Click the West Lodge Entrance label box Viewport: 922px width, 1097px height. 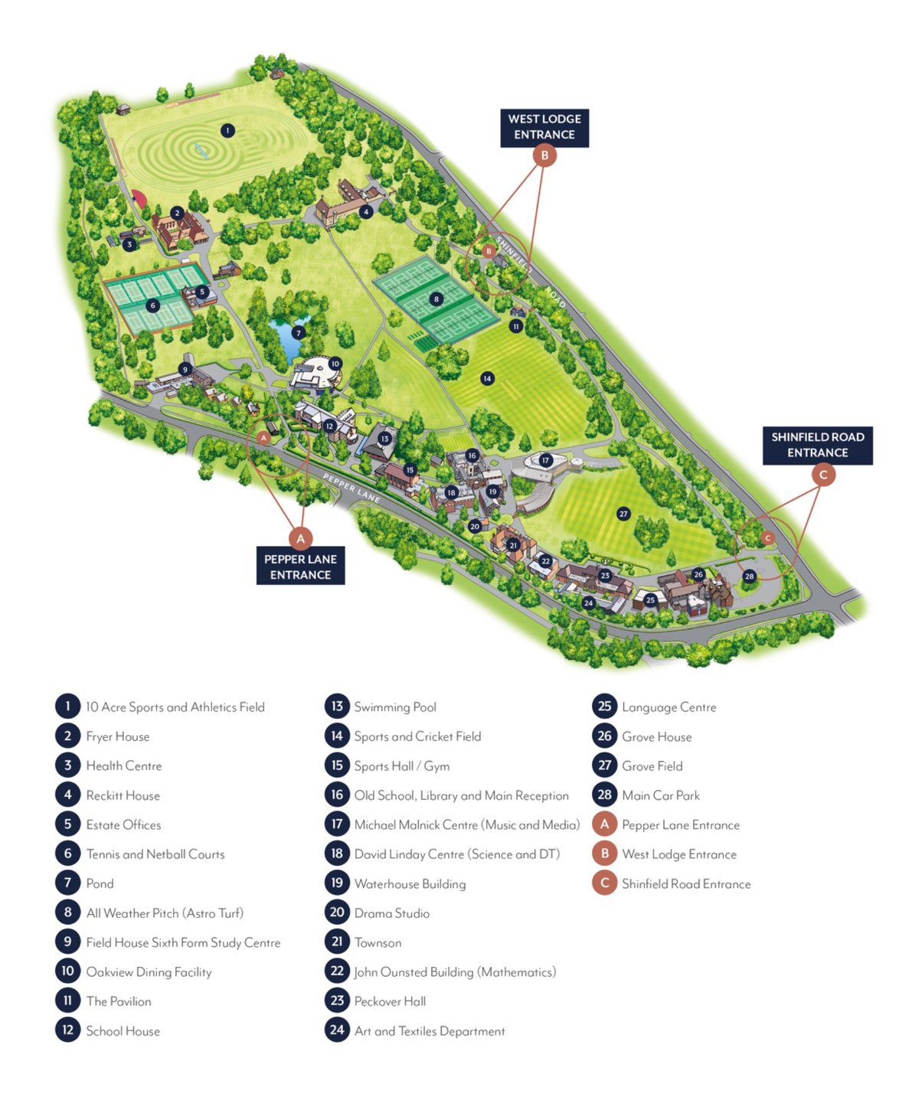544,127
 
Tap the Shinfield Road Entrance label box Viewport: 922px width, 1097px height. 817,445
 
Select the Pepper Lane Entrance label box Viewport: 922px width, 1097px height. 300,566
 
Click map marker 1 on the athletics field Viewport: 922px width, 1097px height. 227,131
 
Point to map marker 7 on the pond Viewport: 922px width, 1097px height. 299,332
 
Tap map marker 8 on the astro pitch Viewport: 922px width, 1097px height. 436,299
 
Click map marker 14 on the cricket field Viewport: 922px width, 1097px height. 487,378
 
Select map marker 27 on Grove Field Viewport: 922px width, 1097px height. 623,514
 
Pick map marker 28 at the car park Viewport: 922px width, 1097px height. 749,576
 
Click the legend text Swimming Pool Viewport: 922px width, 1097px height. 395,707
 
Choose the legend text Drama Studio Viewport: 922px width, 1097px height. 391,913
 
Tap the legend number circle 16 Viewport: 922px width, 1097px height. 337,795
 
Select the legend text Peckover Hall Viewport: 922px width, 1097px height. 390,1001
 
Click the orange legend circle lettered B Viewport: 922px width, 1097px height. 604,854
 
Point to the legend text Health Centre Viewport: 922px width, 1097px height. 123,766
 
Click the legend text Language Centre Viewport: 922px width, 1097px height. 669,707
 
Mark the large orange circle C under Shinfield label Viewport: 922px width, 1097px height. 823,475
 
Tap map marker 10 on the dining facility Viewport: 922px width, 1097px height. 335,364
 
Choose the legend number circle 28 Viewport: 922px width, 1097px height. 604,795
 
